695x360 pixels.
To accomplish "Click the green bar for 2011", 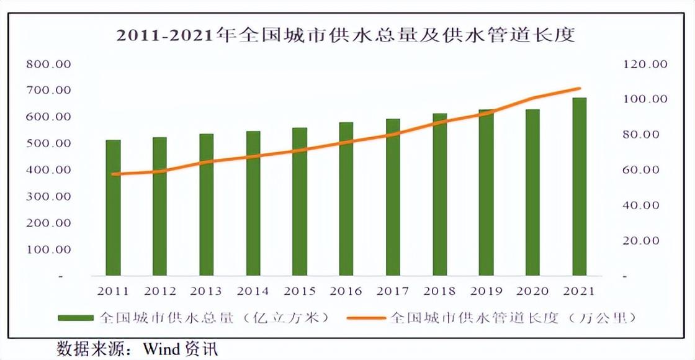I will tap(113, 207).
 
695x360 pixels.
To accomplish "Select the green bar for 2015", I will tap(300, 201).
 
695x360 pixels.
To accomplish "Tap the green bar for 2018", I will tap(439, 194).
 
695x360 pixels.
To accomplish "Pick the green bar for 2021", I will tap(579, 186).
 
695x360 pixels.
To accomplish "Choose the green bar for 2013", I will tap(206, 204).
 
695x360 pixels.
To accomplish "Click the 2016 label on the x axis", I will tap(346, 291).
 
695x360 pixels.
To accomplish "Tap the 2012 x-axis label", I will tap(160, 291).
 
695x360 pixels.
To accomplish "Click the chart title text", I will tap(346, 35).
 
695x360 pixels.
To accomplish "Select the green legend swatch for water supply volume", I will tap(75, 318).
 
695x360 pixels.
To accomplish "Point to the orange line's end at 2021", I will tap(579, 88).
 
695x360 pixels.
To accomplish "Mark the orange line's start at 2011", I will tap(113, 174).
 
